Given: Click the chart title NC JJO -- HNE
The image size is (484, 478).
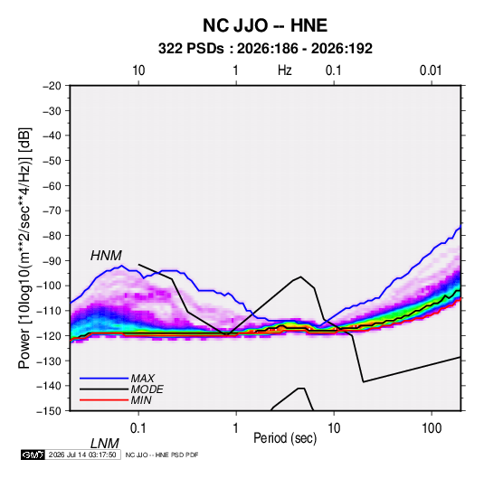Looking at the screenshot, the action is (265, 25).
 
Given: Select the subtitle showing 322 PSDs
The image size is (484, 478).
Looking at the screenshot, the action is (265, 49).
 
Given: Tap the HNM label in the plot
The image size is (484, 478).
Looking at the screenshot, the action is (106, 256).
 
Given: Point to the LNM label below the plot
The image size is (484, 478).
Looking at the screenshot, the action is (105, 444).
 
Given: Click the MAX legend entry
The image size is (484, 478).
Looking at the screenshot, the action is (142, 378).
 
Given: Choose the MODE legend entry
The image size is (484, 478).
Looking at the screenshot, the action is (147, 389).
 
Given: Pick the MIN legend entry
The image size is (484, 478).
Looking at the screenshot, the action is (141, 400).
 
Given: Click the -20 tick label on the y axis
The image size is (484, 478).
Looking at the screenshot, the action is (52, 86).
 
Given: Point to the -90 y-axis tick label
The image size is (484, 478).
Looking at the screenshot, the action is (52, 260).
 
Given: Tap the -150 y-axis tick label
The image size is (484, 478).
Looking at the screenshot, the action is (49, 411).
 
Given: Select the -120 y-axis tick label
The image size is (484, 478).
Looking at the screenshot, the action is (49, 335).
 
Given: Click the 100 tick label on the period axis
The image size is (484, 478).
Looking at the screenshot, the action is (432, 428).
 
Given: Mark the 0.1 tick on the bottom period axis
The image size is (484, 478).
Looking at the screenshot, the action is (138, 428).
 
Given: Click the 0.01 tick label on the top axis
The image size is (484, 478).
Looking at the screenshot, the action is (431, 70).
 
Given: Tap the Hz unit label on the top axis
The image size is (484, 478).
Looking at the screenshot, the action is (285, 70).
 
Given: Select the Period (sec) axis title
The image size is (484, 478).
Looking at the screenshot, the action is (285, 438).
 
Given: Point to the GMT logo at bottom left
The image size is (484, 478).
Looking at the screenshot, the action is (33, 455).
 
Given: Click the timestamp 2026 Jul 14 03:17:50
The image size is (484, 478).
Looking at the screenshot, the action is (82, 455).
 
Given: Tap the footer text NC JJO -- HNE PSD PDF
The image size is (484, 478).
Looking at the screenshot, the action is (162, 455).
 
